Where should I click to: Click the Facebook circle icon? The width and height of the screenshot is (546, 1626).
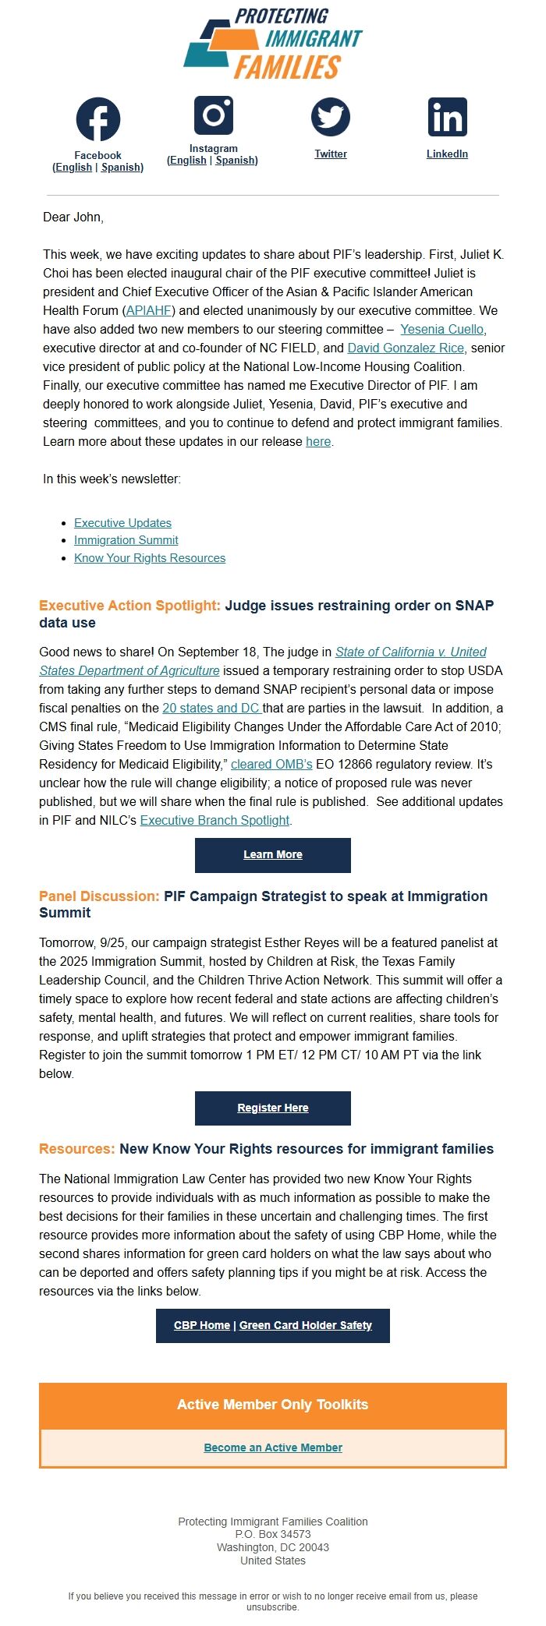[x=98, y=119]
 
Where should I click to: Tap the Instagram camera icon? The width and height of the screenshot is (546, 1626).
[x=214, y=115]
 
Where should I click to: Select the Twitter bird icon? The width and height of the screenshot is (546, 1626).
[x=331, y=117]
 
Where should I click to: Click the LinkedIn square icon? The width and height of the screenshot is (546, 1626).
[x=447, y=117]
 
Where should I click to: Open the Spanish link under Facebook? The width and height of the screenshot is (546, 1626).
[x=121, y=168]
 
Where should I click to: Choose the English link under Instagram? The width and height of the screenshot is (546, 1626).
[x=188, y=161]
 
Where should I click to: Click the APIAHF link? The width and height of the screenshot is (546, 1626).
[x=149, y=310]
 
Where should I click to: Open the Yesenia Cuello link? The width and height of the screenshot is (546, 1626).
[x=441, y=329]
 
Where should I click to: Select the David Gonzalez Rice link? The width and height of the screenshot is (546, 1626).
[x=406, y=348]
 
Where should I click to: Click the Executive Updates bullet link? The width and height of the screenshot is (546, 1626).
[x=122, y=523]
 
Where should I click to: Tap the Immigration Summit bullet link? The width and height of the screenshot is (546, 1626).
[x=126, y=540]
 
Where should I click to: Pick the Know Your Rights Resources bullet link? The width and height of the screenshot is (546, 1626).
[x=150, y=558]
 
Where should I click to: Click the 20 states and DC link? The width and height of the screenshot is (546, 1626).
[x=211, y=708]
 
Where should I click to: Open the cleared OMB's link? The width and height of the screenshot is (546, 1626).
[x=271, y=764]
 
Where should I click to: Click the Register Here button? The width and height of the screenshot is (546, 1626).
[x=273, y=1108]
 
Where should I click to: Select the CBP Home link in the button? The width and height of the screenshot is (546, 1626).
[x=202, y=1325]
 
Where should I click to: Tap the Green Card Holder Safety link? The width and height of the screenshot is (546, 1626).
[x=306, y=1325]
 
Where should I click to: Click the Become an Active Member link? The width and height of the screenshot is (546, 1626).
[x=273, y=1447]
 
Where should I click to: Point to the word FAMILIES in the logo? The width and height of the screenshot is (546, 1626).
[x=288, y=68]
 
